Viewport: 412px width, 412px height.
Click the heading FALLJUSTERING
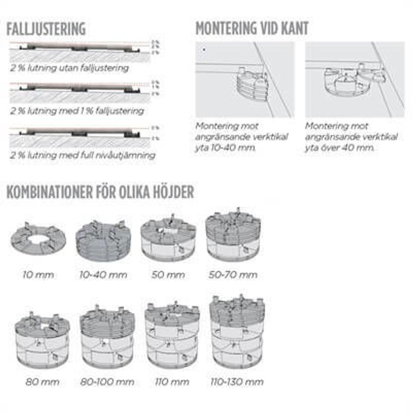[46, 29]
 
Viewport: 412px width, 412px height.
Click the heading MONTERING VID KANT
[252, 29]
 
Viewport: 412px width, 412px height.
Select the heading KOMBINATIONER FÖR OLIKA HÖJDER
[100, 192]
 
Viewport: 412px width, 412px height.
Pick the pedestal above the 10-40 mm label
[103, 241]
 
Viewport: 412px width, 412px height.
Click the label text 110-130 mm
[237, 381]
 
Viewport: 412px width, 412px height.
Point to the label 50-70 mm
[233, 275]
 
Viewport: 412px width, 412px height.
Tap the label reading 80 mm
[42, 381]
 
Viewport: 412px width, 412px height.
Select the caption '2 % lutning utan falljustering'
[70, 68]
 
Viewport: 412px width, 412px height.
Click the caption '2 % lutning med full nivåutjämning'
[82, 155]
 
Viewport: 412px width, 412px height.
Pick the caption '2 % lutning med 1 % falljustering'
[77, 111]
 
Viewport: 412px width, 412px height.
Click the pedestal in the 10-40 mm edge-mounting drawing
[252, 85]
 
